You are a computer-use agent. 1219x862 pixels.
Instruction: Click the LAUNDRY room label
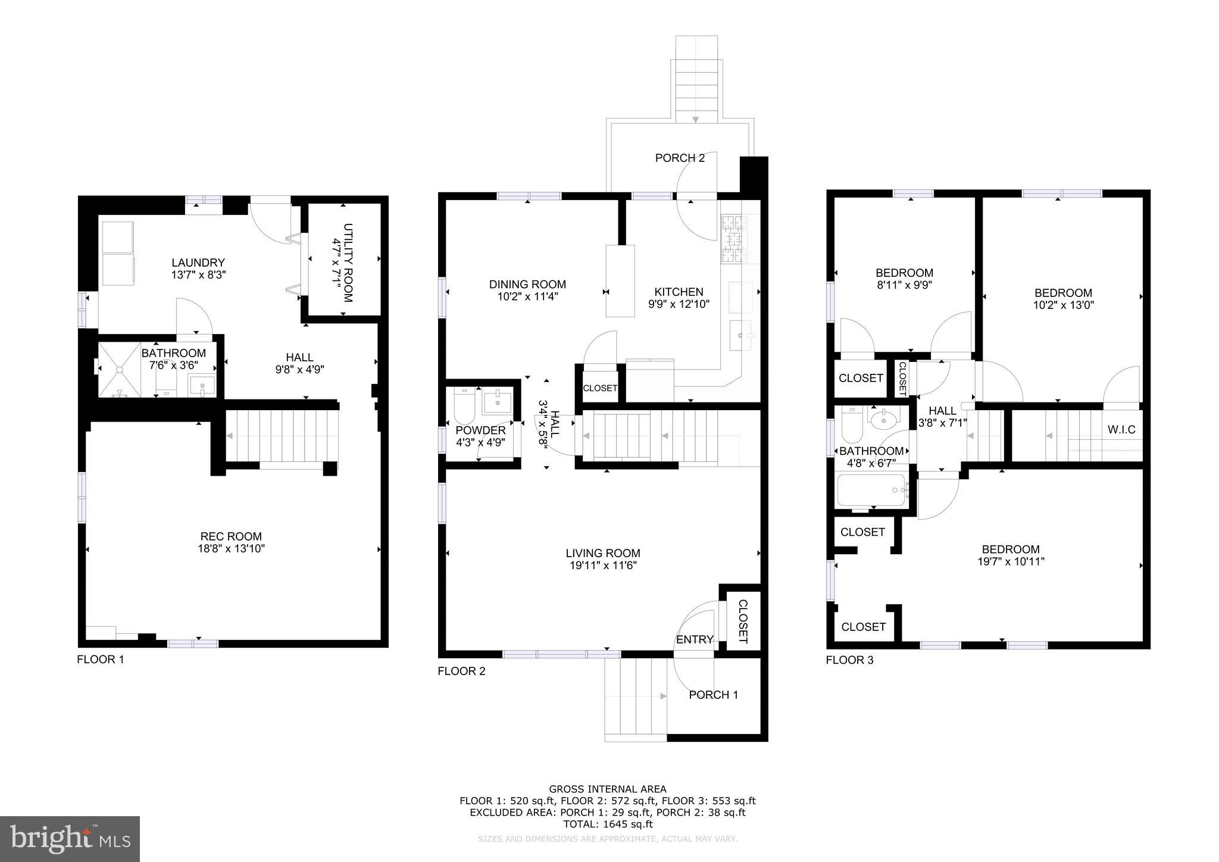coord(198,263)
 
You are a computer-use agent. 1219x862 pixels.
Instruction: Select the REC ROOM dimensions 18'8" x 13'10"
coord(231,549)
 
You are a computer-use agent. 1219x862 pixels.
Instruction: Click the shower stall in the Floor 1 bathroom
coord(120,370)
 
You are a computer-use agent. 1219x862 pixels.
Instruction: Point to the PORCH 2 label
coord(680,158)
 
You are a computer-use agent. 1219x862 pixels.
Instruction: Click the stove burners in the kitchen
coord(733,239)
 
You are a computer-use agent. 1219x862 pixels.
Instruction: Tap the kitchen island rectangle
coord(620,280)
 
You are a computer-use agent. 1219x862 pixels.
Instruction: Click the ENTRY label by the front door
coord(695,639)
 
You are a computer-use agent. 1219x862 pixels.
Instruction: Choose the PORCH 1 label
coord(713,695)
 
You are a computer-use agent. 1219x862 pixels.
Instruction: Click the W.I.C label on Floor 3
coord(1121,429)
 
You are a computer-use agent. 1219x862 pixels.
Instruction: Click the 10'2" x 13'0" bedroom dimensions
coord(1063,305)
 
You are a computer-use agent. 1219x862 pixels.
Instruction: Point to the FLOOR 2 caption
coord(461,672)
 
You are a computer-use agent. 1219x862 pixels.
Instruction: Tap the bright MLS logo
coord(70,839)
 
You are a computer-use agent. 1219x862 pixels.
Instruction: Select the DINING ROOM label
coord(527,285)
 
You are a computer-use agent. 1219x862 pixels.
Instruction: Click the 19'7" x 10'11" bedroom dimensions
coord(1011,561)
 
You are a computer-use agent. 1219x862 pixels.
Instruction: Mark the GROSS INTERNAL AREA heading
coord(608,789)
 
